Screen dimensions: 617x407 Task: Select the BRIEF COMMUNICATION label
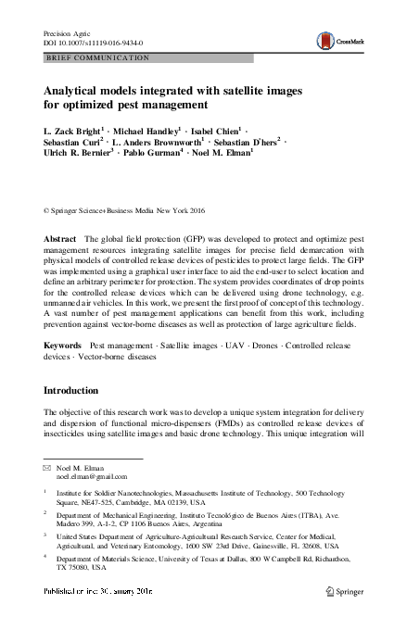[x=97, y=57]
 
